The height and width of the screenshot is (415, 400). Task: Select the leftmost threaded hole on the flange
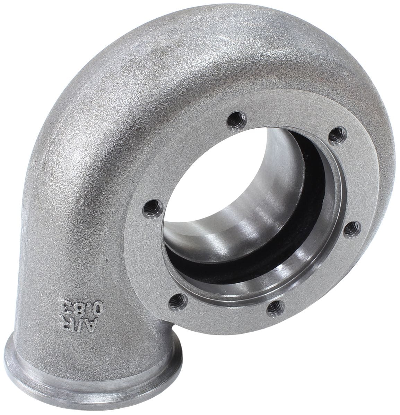point(151,209)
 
